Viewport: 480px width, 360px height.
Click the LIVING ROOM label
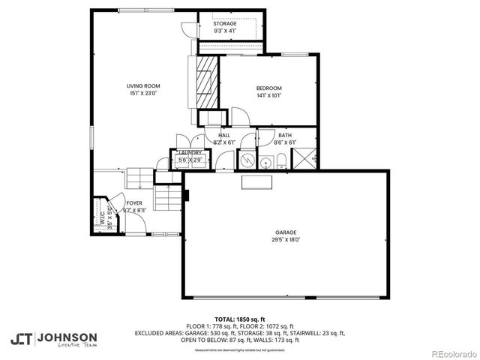point(142,85)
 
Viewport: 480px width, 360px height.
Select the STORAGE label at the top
point(225,24)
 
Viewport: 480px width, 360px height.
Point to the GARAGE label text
point(285,232)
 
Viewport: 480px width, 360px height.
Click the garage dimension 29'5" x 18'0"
point(285,240)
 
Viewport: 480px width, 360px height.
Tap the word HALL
point(224,135)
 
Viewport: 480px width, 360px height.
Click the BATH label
point(285,135)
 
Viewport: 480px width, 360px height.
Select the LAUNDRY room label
point(189,152)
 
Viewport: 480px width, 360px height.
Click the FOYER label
point(134,202)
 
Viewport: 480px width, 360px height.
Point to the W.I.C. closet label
point(100,217)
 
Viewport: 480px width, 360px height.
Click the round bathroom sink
point(264,160)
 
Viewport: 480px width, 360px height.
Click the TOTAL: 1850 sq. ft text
point(240,319)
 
